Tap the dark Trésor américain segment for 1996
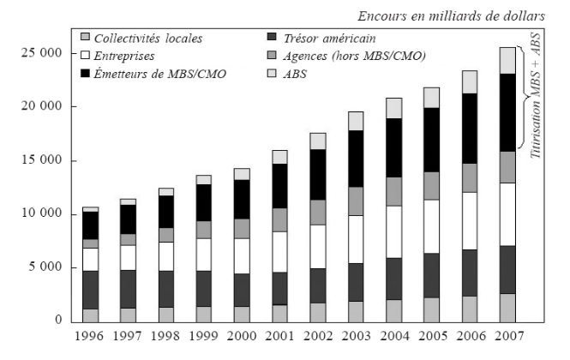pyautogui.click(x=90, y=290)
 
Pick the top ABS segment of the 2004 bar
pyautogui.click(x=393, y=108)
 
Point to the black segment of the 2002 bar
pyautogui.click(x=318, y=175)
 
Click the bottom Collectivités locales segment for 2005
pyautogui.click(x=431, y=309)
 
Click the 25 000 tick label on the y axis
pyautogui.click(x=39, y=53)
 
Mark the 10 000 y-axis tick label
pyautogui.click(x=39, y=213)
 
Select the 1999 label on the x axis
pyautogui.click(x=203, y=337)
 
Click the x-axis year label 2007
pyautogui.click(x=507, y=337)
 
